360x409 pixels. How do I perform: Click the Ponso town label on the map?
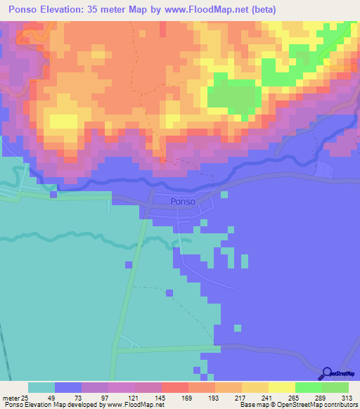point(181,202)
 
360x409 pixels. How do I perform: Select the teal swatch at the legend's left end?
point(41,387)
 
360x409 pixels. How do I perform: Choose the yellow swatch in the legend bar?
point(282,387)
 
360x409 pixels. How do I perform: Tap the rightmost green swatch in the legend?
point(335,387)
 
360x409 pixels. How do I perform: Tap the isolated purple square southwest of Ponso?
point(127,264)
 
